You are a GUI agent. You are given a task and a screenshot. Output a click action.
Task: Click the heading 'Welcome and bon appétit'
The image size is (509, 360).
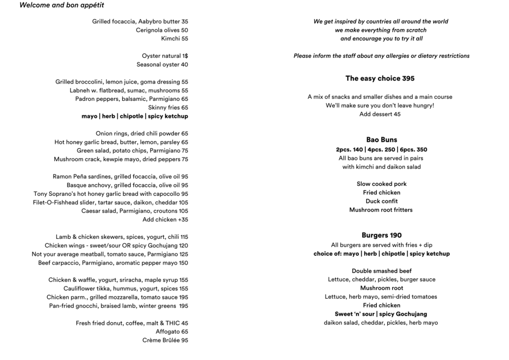pos(62,5)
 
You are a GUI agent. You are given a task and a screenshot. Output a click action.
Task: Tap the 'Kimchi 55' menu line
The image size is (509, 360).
pos(174,39)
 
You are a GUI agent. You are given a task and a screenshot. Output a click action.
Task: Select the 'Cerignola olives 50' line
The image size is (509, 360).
pos(162,30)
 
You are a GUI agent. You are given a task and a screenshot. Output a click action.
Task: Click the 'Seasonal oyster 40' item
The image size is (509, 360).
pos(163,65)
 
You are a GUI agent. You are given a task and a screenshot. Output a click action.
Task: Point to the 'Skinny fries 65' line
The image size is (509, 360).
pos(168,107)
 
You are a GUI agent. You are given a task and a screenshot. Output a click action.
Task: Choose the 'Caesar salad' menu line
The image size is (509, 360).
pos(135,211)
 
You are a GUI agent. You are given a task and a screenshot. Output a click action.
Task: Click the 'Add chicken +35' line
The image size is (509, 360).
pos(165,220)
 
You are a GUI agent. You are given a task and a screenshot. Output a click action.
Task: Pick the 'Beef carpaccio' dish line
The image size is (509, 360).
pos(113,263)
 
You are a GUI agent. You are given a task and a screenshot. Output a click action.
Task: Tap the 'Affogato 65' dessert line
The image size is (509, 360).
pos(171,332)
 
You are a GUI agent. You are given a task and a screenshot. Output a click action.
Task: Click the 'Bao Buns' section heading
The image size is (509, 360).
pos(381,140)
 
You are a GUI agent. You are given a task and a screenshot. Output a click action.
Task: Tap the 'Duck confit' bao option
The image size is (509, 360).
pos(381,201)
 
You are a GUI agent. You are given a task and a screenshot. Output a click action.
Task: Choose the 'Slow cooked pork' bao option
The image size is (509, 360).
pos(381,184)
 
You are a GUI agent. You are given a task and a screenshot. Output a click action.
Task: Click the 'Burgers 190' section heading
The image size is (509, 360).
pos(381,236)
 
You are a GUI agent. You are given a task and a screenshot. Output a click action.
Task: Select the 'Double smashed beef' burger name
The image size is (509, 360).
pos(381,271)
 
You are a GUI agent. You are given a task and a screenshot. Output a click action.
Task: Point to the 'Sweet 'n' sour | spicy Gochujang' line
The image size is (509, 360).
pos(381,314)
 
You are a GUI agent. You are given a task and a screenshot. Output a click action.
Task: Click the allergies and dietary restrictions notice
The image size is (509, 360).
pos(381,56)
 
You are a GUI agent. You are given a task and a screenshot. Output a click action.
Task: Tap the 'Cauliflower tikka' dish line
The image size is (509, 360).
pos(126,288)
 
